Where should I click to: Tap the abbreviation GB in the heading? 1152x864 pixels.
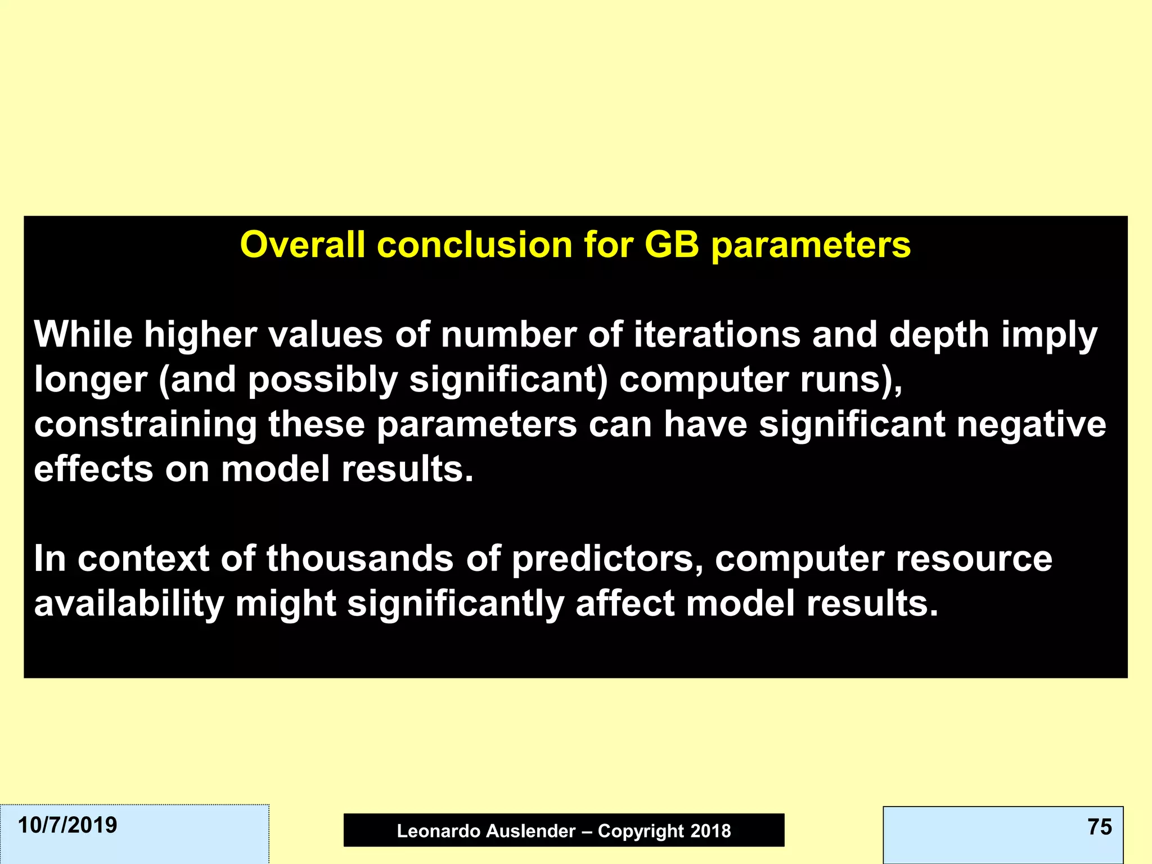[x=672, y=245]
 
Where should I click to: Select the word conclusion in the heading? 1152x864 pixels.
[x=475, y=245]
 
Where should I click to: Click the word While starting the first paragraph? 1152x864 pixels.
[x=83, y=335]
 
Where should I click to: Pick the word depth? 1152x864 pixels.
[x=939, y=335]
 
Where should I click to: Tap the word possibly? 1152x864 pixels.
[x=323, y=381]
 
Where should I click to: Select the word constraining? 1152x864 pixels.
[x=145, y=425]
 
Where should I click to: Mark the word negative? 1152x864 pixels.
[x=1032, y=425]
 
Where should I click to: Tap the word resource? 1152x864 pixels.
[x=974, y=560]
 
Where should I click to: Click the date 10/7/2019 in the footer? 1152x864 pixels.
[x=67, y=825]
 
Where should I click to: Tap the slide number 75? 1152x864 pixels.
[x=1099, y=827]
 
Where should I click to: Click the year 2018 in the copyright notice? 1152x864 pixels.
[x=710, y=831]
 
